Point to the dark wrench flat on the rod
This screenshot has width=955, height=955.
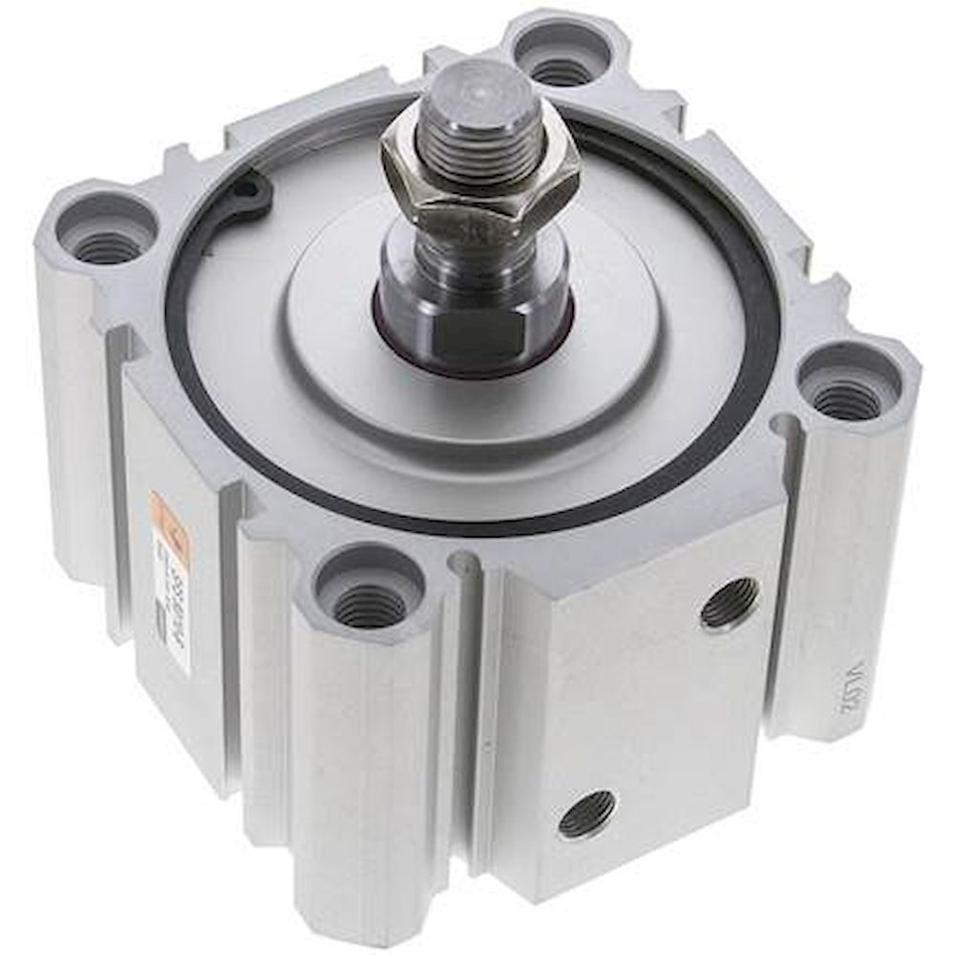click(x=468, y=330)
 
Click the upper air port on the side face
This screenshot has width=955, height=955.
click(x=730, y=604)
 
